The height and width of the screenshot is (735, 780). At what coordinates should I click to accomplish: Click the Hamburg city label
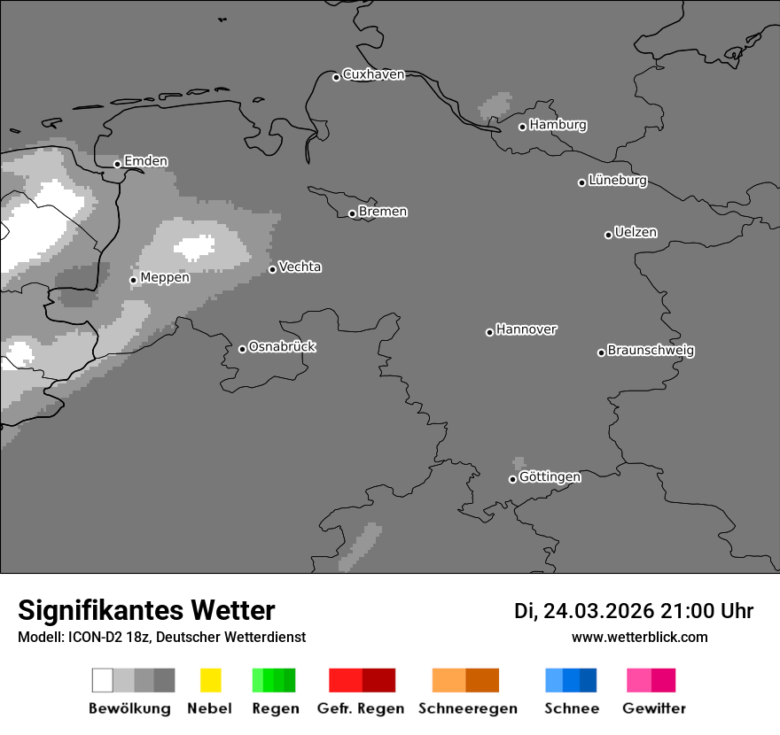click(x=558, y=125)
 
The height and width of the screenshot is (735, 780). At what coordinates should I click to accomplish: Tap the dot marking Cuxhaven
click(x=337, y=77)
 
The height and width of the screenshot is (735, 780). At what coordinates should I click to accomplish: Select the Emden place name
click(x=145, y=161)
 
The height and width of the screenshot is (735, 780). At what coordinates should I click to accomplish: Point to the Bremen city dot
click(x=352, y=213)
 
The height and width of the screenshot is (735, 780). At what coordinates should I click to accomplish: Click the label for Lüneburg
click(x=618, y=181)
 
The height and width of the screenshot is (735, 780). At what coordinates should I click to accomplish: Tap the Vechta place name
click(x=300, y=267)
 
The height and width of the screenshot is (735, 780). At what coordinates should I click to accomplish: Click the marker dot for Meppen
click(x=134, y=280)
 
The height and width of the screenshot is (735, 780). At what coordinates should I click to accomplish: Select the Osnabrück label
click(x=282, y=347)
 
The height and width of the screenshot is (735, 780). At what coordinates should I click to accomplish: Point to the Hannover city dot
click(x=489, y=333)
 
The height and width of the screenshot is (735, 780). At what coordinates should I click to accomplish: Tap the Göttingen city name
click(x=550, y=477)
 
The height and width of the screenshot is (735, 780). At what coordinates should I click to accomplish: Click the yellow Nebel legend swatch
click(x=210, y=680)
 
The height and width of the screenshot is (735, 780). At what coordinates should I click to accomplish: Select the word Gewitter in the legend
click(x=654, y=708)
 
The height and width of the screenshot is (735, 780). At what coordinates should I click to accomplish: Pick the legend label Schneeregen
click(x=468, y=708)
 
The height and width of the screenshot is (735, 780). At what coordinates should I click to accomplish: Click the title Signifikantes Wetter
click(x=146, y=610)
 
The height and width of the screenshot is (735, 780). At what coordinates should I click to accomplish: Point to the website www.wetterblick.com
click(x=639, y=638)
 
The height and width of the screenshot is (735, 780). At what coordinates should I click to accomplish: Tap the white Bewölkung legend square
click(x=103, y=680)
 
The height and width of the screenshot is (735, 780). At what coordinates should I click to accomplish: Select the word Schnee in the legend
click(x=572, y=708)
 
